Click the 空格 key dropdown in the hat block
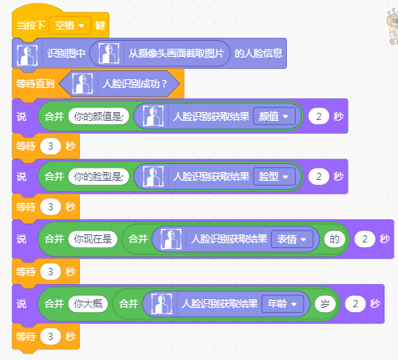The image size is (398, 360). coord(70,26)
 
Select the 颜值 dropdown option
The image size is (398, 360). coord(274,116)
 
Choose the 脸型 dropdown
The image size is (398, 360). coord(274,177)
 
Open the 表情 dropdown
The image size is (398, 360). coord(292,239)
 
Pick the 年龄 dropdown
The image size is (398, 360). coord(282,304)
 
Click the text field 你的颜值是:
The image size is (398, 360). coord(98,116)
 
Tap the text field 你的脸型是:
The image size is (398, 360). coord(98,177)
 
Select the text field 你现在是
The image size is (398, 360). coord(93,239)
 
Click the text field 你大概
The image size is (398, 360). coord(88,304)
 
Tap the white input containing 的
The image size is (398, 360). coord(335,239)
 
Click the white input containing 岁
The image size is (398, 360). coord(325,304)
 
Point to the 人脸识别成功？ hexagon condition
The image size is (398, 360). coord(119,84)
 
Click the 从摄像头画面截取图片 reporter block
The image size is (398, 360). coord(160,54)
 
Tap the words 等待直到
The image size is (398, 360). coord(35,84)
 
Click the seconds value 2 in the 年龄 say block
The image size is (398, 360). coord(355,304)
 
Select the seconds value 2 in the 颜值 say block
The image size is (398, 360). coord(319,116)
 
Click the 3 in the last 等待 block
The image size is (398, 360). coord(50,337)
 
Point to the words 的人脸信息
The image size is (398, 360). coord(258,54)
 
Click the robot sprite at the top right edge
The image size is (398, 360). coord(392,26)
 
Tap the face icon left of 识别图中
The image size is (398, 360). coord(27,55)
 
